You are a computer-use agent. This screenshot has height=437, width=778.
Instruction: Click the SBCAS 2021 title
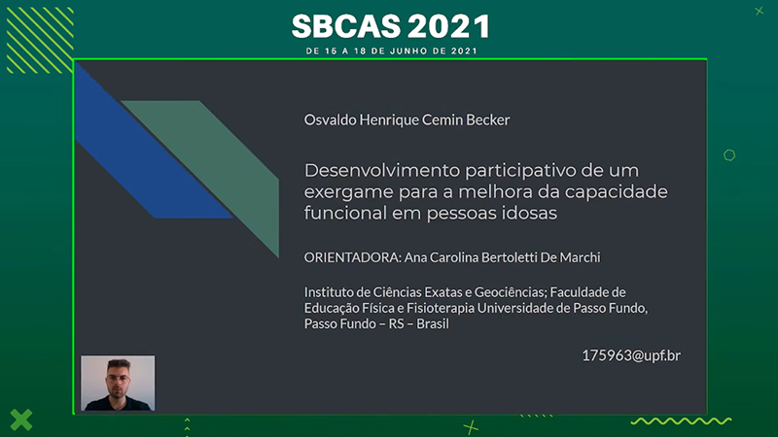[391, 26]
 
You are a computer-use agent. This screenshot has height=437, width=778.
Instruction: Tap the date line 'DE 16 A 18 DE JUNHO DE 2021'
[392, 51]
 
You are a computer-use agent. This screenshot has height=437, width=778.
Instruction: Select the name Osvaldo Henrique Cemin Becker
[407, 119]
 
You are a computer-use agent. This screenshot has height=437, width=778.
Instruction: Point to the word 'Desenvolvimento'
[381, 170]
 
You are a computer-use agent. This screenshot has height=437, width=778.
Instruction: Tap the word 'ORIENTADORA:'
[352, 257]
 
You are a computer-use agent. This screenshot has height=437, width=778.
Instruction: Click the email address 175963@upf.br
[631, 355]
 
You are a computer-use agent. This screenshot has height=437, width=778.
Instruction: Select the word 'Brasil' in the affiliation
[433, 323]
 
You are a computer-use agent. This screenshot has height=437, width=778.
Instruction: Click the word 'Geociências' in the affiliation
[509, 292]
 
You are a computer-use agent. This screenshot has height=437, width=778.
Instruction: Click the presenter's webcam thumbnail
[118, 383]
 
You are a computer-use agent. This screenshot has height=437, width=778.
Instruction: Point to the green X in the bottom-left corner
[20, 420]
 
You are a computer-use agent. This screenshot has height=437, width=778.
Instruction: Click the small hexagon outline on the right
[728, 155]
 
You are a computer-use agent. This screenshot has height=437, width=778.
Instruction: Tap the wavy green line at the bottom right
[681, 421]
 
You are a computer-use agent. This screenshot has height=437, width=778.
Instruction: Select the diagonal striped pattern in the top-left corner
[40, 40]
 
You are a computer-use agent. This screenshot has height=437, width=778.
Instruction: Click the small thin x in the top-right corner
[760, 11]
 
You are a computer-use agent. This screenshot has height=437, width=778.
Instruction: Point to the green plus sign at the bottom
[471, 427]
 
